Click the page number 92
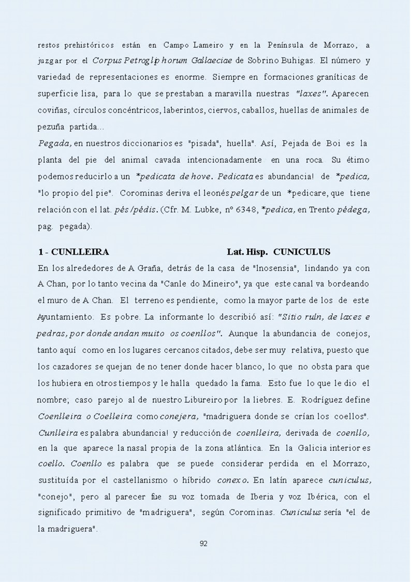[x=203, y=544]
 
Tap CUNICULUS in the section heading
[x=301, y=252]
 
